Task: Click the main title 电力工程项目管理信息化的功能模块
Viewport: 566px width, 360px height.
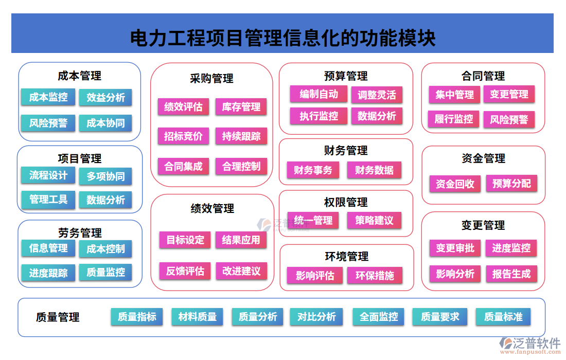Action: click(x=282, y=38)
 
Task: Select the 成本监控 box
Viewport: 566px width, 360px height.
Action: click(x=48, y=97)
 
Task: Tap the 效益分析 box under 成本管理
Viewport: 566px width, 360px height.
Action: click(x=105, y=98)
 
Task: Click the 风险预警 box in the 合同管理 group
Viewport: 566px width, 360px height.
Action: click(x=509, y=120)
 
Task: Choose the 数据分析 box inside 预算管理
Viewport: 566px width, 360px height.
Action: click(x=377, y=116)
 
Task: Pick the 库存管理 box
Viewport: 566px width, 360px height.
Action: click(x=241, y=107)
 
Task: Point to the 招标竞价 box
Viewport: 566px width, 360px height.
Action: click(x=183, y=136)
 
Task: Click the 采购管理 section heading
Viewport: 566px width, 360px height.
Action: click(x=211, y=79)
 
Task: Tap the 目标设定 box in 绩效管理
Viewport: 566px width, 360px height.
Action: click(x=185, y=240)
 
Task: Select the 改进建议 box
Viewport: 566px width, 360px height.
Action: click(x=241, y=271)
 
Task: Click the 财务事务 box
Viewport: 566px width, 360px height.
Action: click(x=313, y=170)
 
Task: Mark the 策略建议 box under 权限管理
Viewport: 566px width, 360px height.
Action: click(x=374, y=221)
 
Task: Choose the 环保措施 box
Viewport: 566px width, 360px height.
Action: click(x=375, y=276)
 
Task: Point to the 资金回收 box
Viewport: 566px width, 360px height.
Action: click(x=455, y=184)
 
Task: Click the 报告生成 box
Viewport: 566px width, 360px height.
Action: click(x=511, y=274)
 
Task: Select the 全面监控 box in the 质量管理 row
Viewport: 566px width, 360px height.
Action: click(x=379, y=317)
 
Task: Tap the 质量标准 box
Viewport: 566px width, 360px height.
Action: click(x=503, y=317)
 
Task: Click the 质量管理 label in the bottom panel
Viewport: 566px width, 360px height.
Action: click(x=58, y=317)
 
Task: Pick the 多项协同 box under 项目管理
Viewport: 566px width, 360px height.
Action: click(x=105, y=176)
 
